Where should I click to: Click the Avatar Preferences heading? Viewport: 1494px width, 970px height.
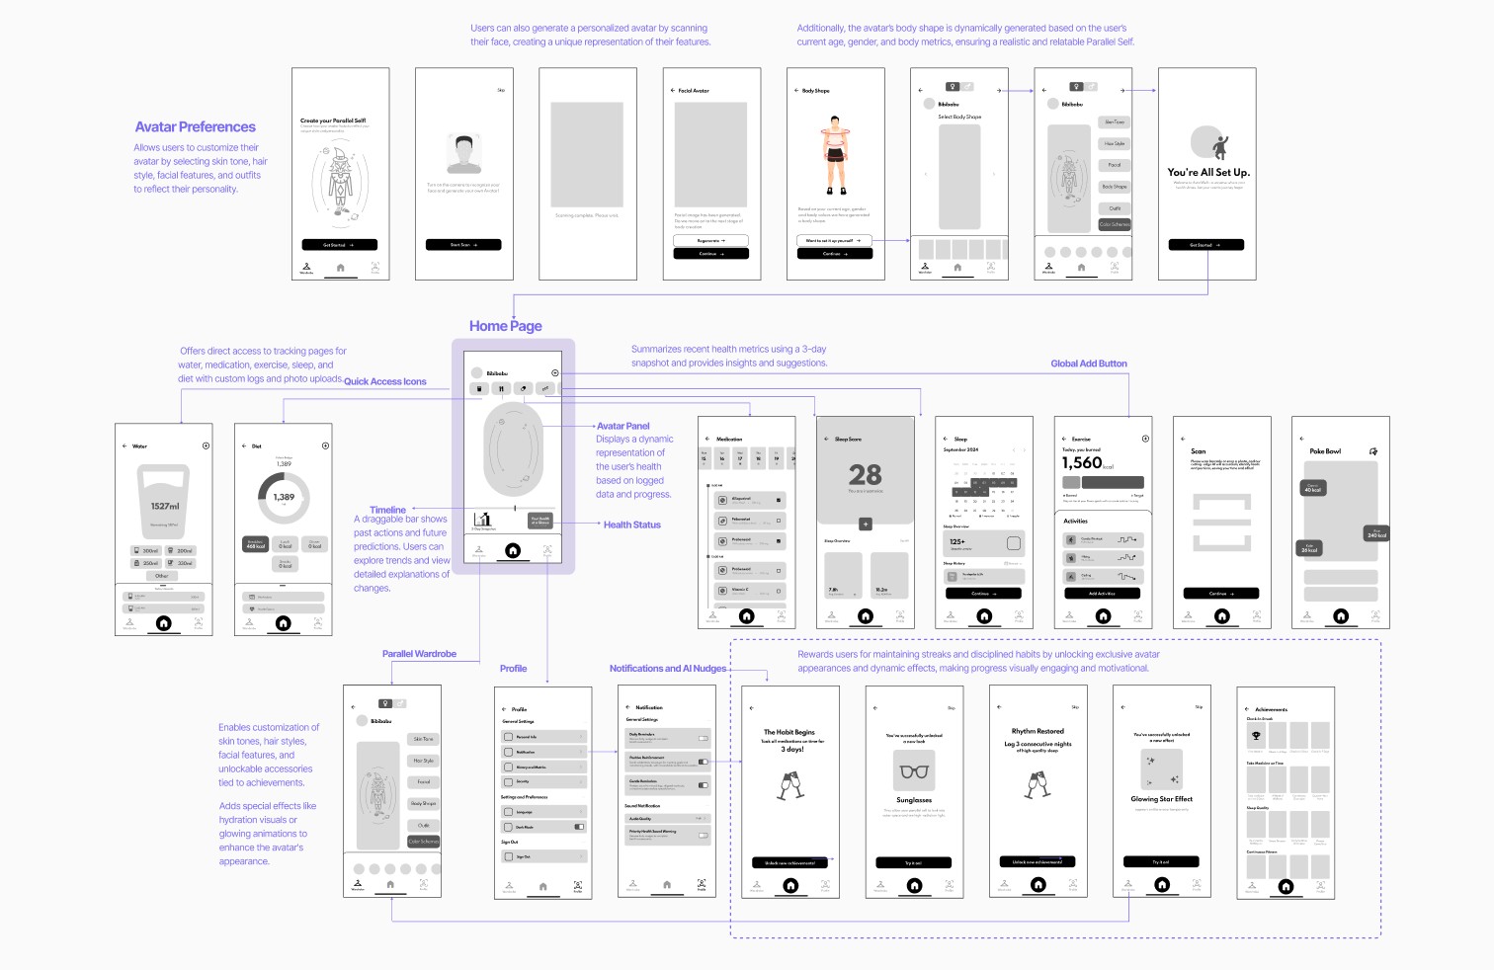pos(195,127)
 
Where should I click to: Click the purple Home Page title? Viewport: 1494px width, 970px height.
pos(505,326)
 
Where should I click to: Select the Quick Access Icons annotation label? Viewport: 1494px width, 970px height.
pos(385,381)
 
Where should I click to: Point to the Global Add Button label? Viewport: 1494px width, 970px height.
pos(1088,364)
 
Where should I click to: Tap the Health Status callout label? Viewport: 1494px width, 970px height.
pos(631,525)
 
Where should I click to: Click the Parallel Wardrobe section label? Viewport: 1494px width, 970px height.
pos(419,654)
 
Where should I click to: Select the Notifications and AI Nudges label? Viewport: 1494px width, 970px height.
pos(667,669)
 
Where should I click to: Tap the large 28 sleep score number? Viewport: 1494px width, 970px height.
pos(865,475)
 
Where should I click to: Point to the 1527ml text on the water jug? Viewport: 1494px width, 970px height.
pos(165,506)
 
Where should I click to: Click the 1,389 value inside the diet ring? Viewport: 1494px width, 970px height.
pos(284,497)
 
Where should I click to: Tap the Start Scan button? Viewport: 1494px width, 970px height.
pos(463,245)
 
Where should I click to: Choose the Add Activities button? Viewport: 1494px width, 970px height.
pos(1102,594)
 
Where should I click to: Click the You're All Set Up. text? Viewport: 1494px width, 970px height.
pos(1207,172)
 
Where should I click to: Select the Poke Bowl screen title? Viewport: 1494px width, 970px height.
pos(1325,451)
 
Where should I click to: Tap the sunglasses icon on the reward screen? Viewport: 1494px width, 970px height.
pos(914,771)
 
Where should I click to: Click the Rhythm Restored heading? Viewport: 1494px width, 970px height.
pos(1037,732)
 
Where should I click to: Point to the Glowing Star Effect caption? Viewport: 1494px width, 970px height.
pos(1161,799)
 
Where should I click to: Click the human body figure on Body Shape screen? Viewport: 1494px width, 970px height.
pos(836,153)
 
